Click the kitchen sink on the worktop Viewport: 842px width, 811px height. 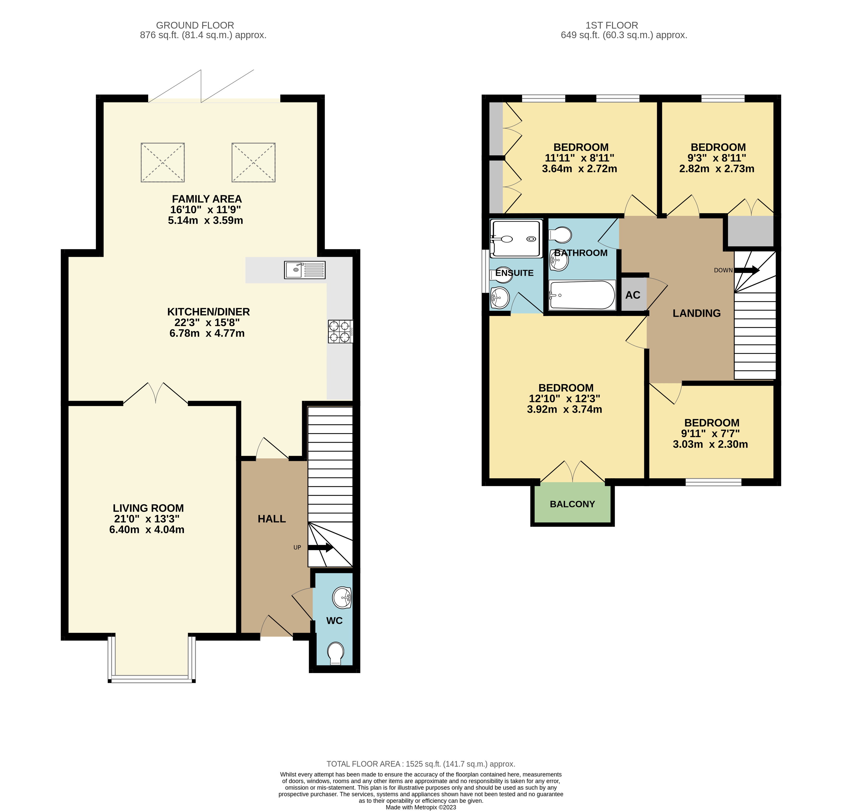pos(305,270)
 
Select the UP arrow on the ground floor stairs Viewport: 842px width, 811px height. pos(321,547)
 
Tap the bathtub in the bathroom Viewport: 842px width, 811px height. pos(582,295)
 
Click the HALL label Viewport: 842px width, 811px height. pos(272,519)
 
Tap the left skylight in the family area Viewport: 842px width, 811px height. pos(163,162)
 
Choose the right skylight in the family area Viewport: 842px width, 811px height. pos(254,162)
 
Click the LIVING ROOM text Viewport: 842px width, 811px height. pos(148,508)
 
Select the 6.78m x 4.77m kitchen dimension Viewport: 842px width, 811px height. pos(207,333)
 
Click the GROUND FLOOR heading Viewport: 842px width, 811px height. pos(195,25)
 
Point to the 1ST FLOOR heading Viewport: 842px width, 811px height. pos(612,25)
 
